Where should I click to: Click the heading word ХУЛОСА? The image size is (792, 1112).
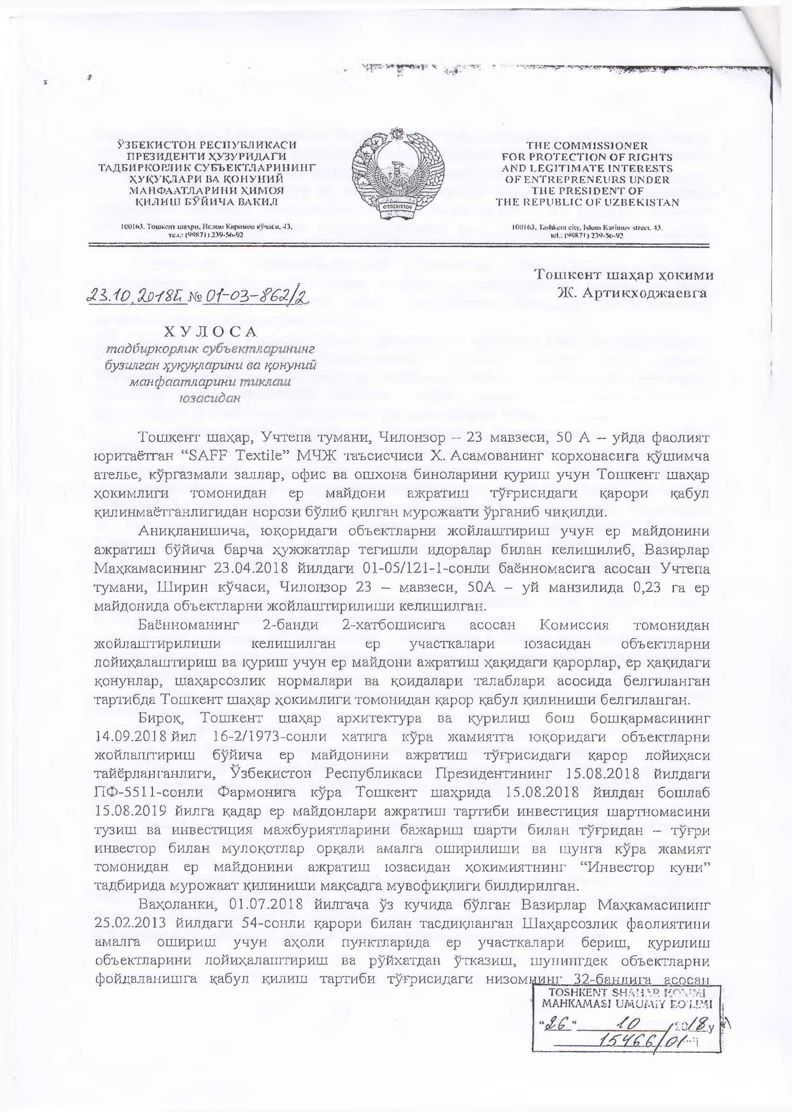coord(210,332)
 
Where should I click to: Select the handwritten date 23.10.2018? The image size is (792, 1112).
coord(137,295)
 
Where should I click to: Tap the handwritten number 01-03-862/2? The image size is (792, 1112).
coord(256,295)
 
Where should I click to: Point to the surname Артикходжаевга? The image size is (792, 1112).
coord(632,293)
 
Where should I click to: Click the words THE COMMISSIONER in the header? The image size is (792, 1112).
coord(587,145)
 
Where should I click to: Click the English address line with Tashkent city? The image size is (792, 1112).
coord(587,227)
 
